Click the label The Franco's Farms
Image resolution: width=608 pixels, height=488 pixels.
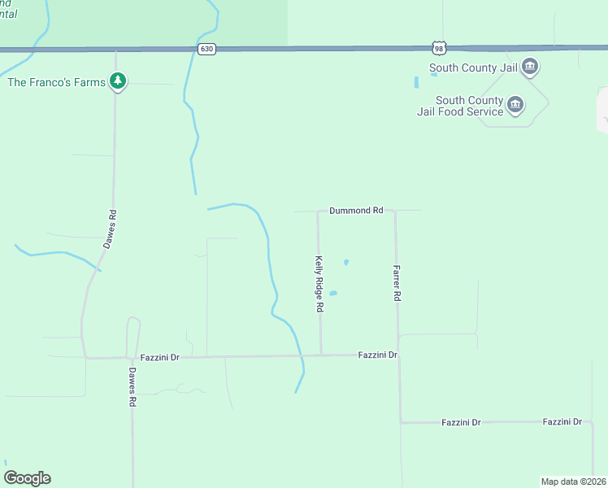[58, 82]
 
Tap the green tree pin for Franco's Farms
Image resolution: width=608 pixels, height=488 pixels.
[119, 81]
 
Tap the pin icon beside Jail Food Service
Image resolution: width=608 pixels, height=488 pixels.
[515, 105]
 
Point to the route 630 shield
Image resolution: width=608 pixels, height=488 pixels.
[206, 49]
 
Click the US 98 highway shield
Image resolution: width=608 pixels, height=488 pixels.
[439, 48]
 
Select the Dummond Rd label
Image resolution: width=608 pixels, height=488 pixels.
[356, 211]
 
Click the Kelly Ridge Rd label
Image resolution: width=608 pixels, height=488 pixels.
[319, 285]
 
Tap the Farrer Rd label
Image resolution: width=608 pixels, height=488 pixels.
[397, 284]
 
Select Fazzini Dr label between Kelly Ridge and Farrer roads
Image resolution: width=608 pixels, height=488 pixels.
[378, 355]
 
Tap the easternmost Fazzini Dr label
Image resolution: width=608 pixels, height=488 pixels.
[563, 422]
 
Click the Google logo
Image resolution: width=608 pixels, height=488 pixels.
[27, 478]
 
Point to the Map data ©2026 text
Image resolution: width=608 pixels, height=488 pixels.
[574, 481]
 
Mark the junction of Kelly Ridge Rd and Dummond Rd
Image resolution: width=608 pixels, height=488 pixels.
[318, 211]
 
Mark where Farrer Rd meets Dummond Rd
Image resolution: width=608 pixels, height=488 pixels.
[395, 211]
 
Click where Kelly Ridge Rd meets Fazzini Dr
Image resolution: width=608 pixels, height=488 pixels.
[321, 355]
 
